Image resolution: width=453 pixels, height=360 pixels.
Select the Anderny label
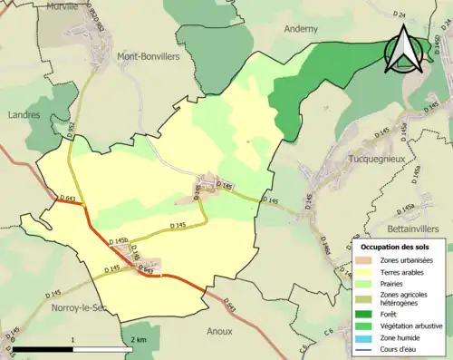[301, 28]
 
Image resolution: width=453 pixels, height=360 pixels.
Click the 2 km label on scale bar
[138, 339]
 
